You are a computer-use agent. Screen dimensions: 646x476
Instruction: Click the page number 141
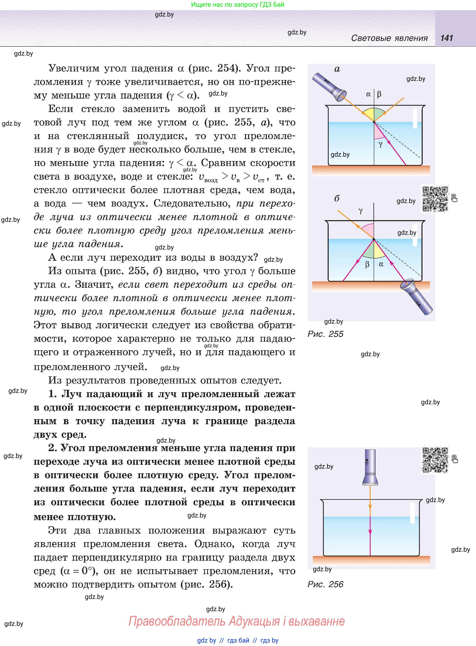(x=447, y=38)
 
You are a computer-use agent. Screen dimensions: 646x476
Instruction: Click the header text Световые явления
(x=389, y=38)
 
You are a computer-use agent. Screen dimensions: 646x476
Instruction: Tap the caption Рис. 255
(x=325, y=334)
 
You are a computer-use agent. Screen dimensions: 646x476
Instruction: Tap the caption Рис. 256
(x=325, y=584)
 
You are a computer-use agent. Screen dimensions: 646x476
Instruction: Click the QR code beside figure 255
(x=435, y=198)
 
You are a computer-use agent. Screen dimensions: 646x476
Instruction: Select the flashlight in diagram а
(x=329, y=87)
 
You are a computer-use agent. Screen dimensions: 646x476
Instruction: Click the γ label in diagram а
(x=381, y=144)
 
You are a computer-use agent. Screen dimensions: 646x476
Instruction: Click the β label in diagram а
(x=379, y=94)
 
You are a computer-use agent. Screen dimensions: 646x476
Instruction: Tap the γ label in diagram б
(x=360, y=211)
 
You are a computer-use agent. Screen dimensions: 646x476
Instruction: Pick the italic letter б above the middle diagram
(x=337, y=198)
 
